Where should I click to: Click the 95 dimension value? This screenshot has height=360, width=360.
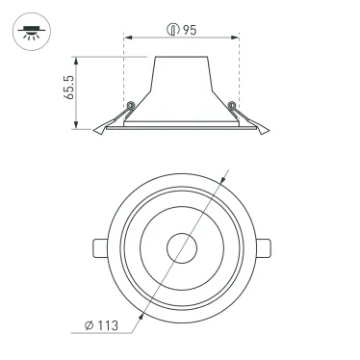[x=190, y=30]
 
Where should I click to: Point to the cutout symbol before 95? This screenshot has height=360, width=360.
[x=173, y=30]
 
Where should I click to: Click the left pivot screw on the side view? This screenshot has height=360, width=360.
[x=129, y=105]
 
